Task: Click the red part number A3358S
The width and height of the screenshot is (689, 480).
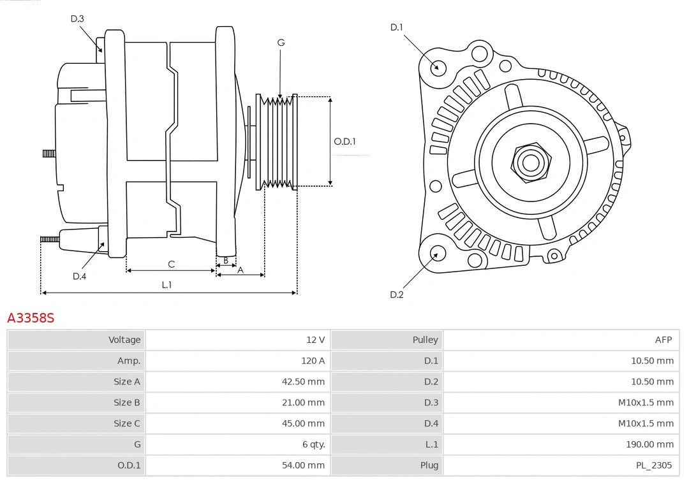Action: [x=31, y=317]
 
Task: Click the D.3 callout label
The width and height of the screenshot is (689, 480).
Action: [x=77, y=18]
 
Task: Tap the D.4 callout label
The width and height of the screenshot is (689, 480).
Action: [x=79, y=276]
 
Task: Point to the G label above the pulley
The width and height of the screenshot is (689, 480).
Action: [x=281, y=43]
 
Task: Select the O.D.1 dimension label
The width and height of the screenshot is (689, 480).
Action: [x=344, y=142]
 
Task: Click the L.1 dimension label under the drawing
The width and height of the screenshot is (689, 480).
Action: [x=167, y=285]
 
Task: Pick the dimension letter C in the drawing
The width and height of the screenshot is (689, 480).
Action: [x=171, y=264]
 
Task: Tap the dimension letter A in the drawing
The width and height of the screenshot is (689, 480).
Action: [x=241, y=270]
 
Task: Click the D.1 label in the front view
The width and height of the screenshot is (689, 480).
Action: [x=397, y=27]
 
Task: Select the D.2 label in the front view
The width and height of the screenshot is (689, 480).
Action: [x=397, y=295]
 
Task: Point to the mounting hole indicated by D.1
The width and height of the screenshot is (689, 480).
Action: [x=438, y=66]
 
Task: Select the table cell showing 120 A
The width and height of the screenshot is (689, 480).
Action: [x=313, y=361]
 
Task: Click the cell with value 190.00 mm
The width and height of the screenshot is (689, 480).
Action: [x=651, y=444]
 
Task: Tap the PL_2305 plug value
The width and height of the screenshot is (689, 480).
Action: [x=653, y=465]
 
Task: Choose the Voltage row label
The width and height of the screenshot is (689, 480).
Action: [x=124, y=340]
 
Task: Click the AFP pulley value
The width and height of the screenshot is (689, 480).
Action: [x=663, y=340]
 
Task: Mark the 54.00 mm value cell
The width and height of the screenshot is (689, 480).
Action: [x=303, y=465]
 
